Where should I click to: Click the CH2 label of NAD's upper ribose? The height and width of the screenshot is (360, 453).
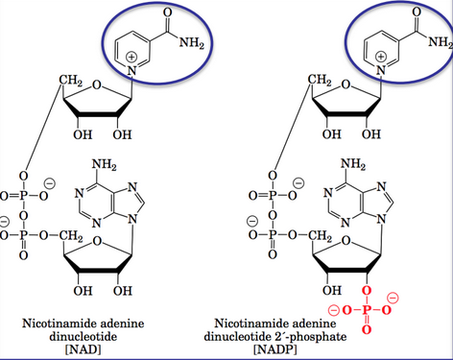pyautogui.click(x=73, y=79)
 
